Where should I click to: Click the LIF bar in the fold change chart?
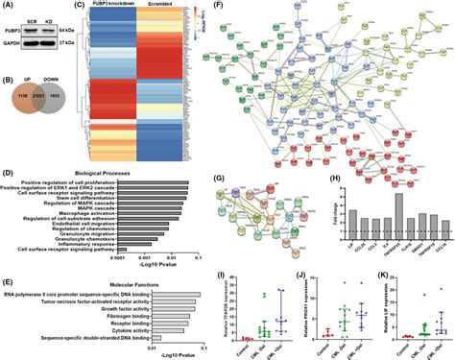click(327, 223)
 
